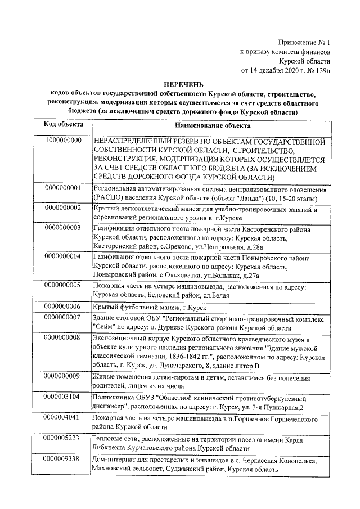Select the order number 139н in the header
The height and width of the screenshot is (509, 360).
click(320, 71)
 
